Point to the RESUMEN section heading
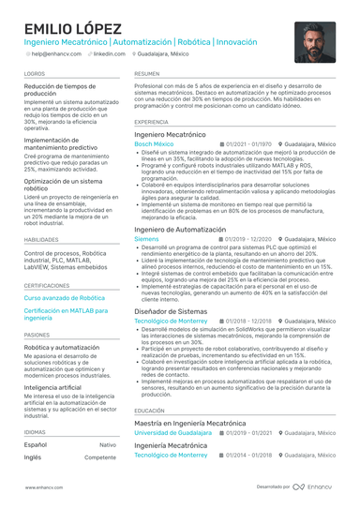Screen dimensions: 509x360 [146, 72]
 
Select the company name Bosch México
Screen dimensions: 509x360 [154, 144]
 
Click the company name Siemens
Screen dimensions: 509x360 [146, 239]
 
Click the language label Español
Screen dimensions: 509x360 [35, 444]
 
